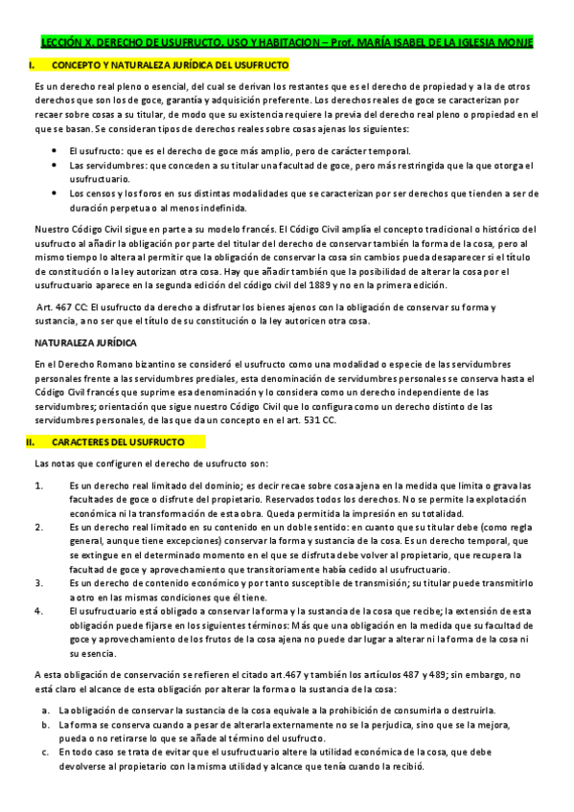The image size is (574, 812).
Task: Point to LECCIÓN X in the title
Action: (x=61, y=44)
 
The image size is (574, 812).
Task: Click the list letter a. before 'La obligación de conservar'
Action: (x=45, y=710)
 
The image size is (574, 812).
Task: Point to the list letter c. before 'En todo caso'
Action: (x=45, y=753)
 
